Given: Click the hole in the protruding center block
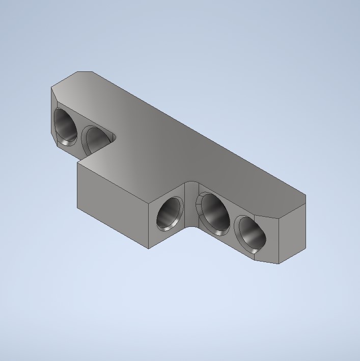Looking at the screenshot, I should click(169, 213).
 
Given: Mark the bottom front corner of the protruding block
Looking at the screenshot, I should click(148, 248).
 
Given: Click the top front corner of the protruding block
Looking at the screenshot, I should click(148, 203).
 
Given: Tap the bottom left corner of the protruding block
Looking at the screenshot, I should click(77, 207).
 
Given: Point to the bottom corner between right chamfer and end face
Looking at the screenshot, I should click(279, 264).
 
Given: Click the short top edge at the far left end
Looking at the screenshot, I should click(85, 72).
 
